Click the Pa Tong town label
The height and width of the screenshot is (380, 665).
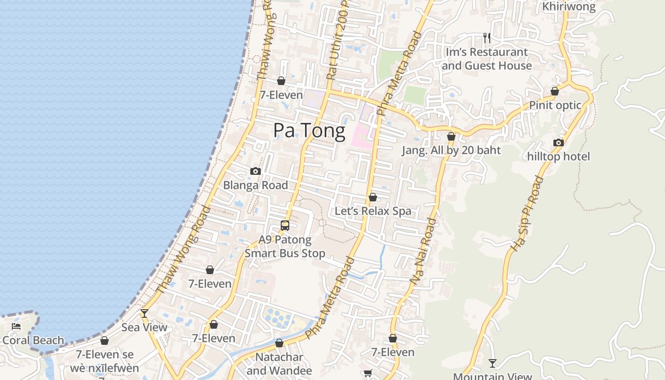[x=309, y=131]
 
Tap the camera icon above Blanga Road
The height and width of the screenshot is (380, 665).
[x=256, y=171]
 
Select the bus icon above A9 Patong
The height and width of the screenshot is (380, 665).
[x=285, y=226]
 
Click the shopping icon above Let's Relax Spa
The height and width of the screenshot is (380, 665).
[x=373, y=197]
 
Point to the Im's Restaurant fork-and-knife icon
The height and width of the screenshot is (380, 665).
[x=486, y=37]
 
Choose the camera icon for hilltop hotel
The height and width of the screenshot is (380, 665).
[x=559, y=142]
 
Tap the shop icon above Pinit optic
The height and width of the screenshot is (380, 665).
[x=555, y=91]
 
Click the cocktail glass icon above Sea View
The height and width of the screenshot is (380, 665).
[x=144, y=313]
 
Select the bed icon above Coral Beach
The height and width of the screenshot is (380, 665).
[x=16, y=326]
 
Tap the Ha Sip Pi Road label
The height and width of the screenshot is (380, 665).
[x=527, y=213]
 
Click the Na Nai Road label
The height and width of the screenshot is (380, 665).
[x=423, y=252]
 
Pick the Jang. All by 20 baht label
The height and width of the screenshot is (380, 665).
[x=451, y=151]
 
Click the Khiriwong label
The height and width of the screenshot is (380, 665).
[x=569, y=7]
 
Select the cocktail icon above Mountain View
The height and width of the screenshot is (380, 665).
[x=493, y=363]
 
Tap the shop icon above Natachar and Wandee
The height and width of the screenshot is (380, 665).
[x=279, y=343]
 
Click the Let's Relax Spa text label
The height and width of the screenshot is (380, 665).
[x=373, y=211]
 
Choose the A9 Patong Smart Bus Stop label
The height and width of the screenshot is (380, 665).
[x=285, y=247]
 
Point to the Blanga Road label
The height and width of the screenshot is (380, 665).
[x=256, y=185]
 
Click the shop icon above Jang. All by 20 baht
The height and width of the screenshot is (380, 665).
[x=451, y=137]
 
